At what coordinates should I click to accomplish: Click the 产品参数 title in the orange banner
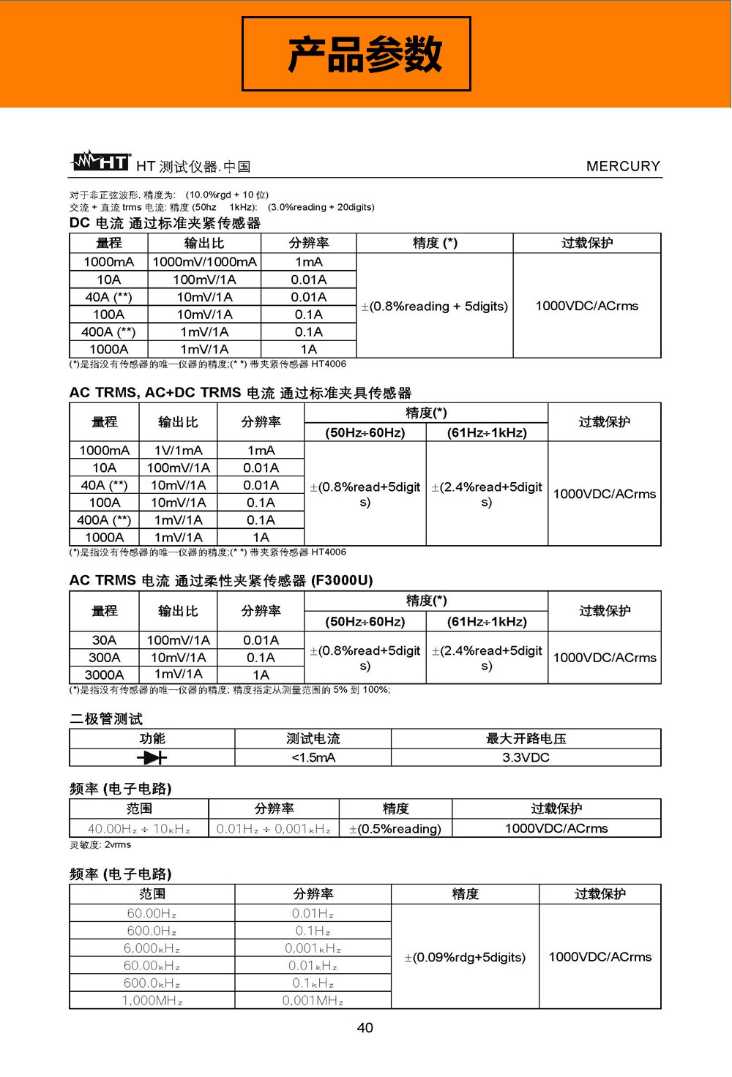point(365,54)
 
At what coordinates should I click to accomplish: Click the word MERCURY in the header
point(623,166)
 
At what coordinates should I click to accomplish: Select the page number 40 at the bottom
point(365,1027)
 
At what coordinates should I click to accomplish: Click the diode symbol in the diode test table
point(152,757)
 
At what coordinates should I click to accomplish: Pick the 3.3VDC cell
point(526,757)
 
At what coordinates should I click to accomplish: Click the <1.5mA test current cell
point(313,757)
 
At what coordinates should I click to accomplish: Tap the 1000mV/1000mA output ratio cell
point(204,262)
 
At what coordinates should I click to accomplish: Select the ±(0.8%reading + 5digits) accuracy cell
point(434,306)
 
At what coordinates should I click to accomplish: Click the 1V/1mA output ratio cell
point(178,450)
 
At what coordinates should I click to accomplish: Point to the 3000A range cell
point(105,675)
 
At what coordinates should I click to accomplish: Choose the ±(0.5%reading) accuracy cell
point(395,828)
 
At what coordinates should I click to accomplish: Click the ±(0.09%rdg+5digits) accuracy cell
point(465,957)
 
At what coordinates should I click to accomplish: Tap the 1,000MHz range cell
point(152,1000)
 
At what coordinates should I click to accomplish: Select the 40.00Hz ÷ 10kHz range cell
point(139,828)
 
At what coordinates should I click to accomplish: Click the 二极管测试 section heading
point(106,718)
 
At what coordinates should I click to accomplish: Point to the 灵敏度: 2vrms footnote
point(100,844)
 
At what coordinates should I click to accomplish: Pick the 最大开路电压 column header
point(526,738)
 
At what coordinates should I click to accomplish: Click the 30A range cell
point(105,640)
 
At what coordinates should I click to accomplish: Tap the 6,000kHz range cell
point(152,948)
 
